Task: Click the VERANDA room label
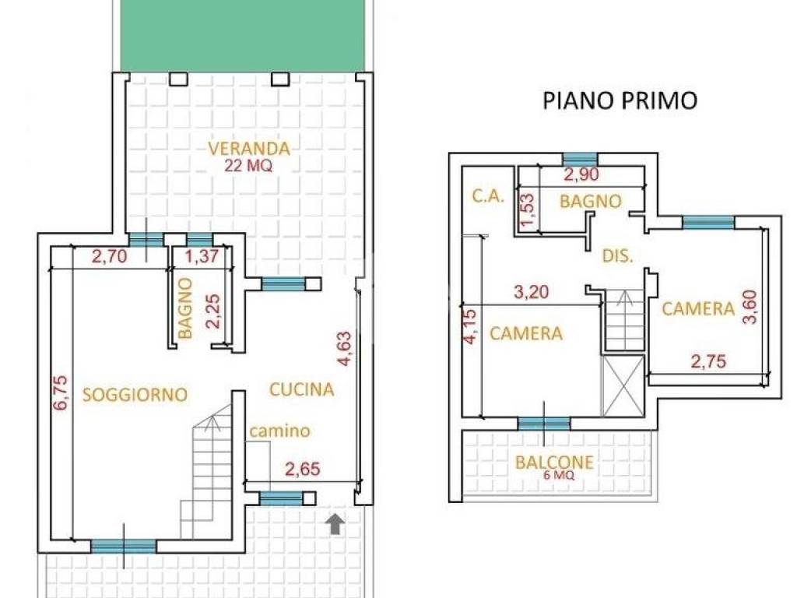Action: (249, 148)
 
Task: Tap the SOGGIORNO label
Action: (135, 394)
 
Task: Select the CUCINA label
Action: (302, 389)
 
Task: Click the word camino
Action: (280, 431)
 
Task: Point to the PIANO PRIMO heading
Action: (620, 100)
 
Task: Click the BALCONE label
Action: (555, 463)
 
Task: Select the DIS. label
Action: (618, 255)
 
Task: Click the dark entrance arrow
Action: (335, 525)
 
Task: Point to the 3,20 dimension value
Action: (532, 293)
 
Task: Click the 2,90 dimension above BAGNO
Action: (582, 174)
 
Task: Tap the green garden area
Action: (243, 35)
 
